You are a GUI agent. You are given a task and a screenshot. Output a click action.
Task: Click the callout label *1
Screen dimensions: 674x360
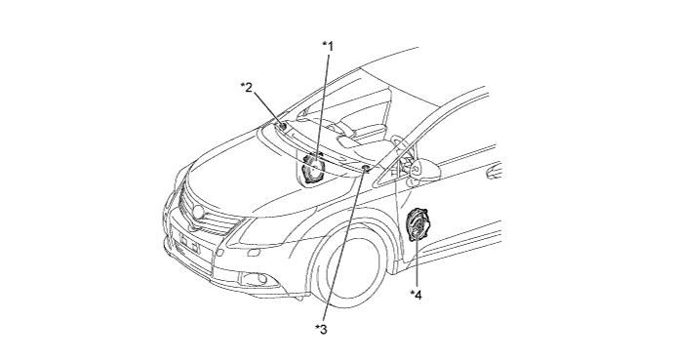(328, 46)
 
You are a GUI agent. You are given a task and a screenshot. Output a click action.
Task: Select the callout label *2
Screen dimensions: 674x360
(247, 87)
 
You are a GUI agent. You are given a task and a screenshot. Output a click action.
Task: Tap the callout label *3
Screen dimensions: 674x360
(321, 330)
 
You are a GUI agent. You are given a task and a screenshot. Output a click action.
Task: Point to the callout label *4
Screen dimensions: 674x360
(416, 295)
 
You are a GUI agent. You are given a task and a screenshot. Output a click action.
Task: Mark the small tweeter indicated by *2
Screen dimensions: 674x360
(283, 127)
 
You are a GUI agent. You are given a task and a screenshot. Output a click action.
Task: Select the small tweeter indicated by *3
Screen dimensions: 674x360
(366, 169)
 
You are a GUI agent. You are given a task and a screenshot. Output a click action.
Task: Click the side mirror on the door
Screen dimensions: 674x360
(425, 169)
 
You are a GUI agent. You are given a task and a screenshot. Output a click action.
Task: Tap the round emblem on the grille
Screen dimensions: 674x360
(199, 211)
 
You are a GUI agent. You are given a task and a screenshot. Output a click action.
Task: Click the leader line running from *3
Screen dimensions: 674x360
(344, 247)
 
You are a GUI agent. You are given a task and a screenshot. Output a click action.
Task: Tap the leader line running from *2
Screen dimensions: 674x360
(266, 108)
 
